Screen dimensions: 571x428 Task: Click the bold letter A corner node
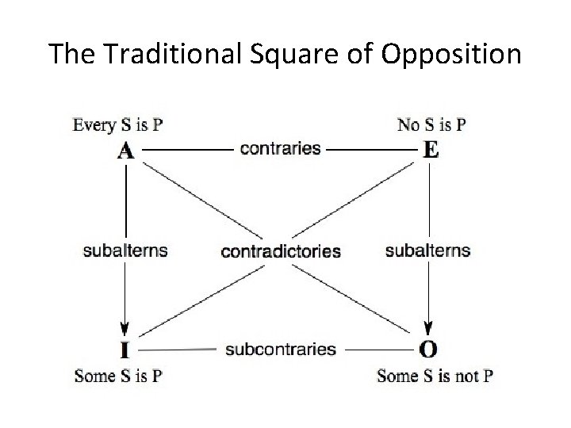click(x=125, y=150)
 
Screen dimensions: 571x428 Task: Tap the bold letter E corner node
click(x=430, y=150)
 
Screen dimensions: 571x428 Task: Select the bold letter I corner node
click(x=125, y=350)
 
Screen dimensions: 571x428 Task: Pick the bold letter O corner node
click(x=428, y=350)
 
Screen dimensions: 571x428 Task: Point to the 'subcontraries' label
click(x=281, y=349)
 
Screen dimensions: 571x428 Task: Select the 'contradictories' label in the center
click(x=281, y=252)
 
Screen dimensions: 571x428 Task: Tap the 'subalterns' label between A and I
click(x=125, y=250)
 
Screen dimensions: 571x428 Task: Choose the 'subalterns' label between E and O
click(x=427, y=250)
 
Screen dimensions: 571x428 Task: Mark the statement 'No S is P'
click(x=431, y=124)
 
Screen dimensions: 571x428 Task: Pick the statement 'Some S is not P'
click(x=435, y=376)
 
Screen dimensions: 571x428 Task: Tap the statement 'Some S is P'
click(x=118, y=376)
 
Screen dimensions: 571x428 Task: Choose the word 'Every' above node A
click(x=94, y=124)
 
